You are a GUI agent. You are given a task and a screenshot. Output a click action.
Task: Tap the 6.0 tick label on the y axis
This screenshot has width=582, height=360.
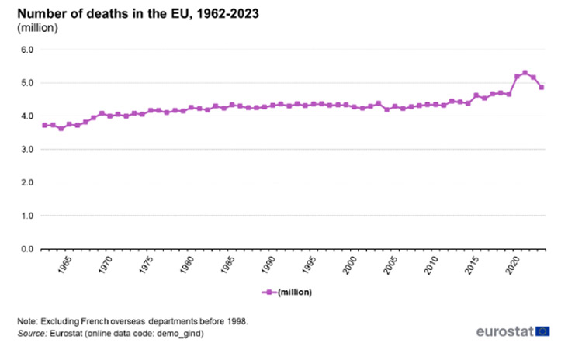[27, 50]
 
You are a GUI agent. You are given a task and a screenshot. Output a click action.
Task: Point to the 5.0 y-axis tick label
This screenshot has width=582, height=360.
[27, 83]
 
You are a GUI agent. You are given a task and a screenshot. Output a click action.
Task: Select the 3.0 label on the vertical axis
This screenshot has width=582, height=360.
[27, 150]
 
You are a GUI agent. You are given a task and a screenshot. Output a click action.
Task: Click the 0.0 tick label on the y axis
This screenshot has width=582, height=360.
[27, 249]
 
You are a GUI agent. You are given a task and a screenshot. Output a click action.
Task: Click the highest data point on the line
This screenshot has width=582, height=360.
[525, 73]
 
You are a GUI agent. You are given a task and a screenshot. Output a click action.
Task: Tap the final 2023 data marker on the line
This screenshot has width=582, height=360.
[542, 88]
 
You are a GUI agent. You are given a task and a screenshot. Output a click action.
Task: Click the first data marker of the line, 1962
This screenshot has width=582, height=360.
[45, 125]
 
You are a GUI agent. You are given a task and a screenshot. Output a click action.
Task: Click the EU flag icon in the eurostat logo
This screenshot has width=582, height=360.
[542, 331]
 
